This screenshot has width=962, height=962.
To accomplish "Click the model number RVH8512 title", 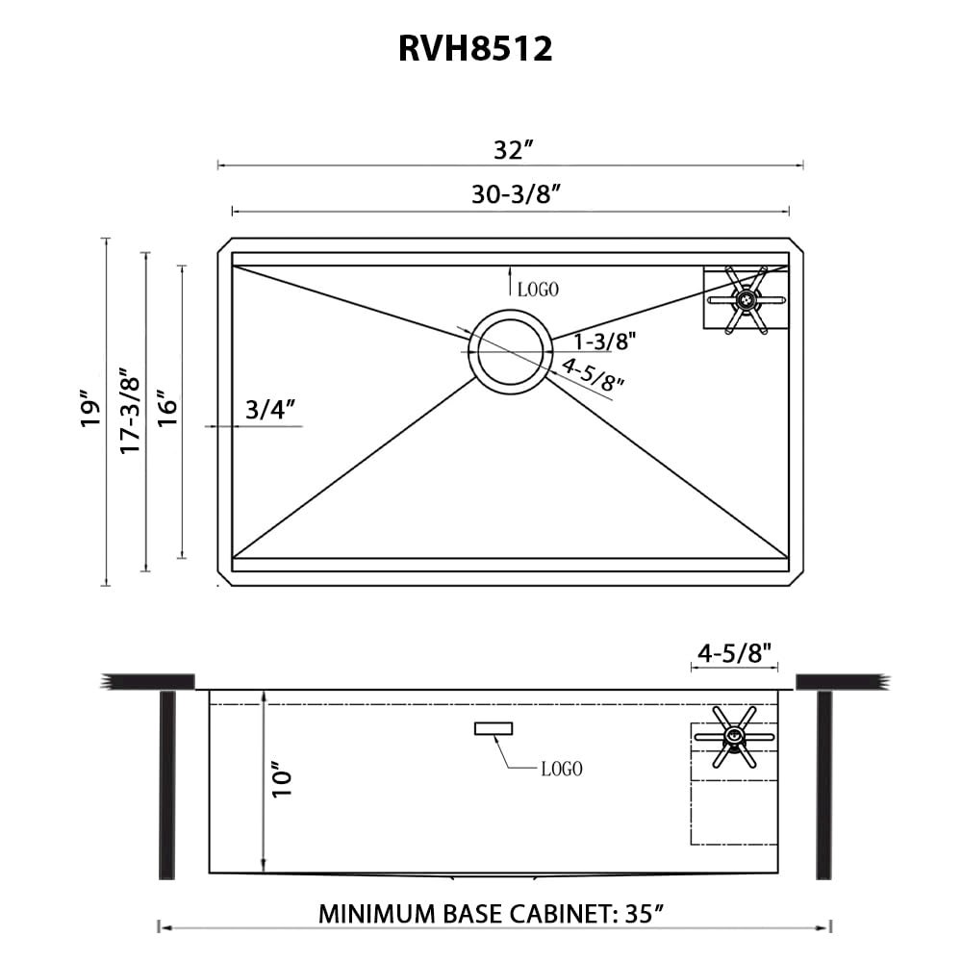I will click(475, 49).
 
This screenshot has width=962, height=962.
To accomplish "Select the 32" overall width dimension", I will click(513, 150).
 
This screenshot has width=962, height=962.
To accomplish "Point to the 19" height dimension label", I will click(91, 409).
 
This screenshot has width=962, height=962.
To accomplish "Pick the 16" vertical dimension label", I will click(167, 409).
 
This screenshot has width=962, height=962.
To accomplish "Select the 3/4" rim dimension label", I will click(268, 411).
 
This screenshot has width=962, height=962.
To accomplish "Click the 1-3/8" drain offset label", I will click(604, 341).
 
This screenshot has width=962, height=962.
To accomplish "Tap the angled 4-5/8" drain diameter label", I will click(593, 373).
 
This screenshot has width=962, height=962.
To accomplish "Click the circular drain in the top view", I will click(510, 351).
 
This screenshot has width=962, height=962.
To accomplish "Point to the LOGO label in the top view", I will click(538, 289).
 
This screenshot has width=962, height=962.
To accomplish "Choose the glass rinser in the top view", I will click(745, 300).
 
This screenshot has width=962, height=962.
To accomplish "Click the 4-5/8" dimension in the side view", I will click(734, 653).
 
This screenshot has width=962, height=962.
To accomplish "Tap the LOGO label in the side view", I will click(561, 769).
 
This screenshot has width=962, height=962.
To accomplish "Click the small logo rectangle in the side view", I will click(494, 728).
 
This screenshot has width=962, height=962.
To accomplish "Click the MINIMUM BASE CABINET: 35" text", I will click(493, 913).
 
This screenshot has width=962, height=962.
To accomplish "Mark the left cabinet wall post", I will click(166, 784).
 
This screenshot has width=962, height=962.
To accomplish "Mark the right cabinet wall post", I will click(823, 784).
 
